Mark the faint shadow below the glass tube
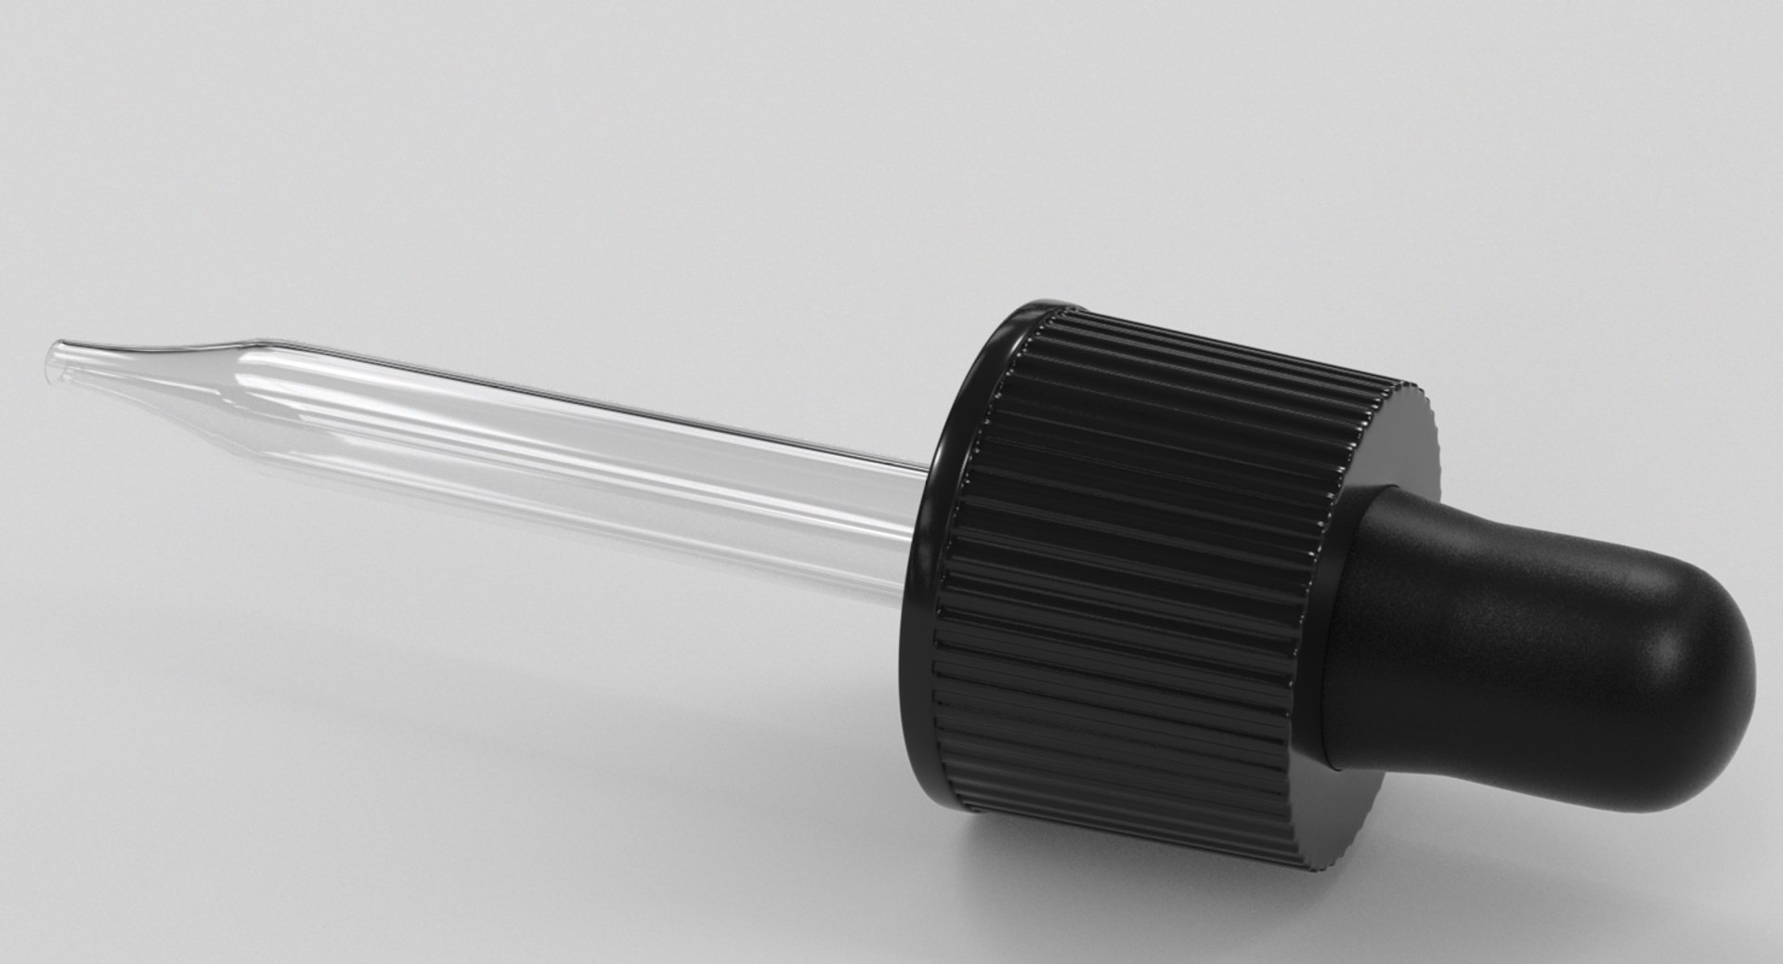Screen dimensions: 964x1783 pos(464,594)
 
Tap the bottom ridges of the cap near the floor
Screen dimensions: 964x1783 pos(1161,827)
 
